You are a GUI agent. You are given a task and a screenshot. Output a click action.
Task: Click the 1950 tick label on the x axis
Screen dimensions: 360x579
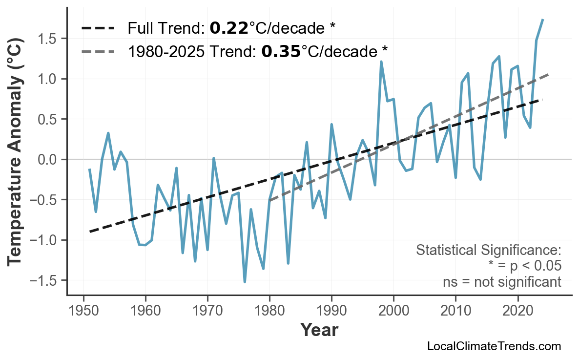(x=83, y=311)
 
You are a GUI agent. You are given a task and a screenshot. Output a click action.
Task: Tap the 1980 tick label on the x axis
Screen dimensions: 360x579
(x=269, y=311)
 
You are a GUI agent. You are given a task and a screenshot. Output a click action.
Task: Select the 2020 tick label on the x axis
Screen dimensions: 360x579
(x=517, y=311)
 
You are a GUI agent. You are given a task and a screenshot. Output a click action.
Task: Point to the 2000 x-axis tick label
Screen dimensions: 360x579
(x=393, y=311)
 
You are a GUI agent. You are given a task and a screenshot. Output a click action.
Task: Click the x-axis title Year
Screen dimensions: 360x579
(x=319, y=330)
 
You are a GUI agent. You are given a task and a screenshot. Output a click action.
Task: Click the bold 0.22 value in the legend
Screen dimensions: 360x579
(x=229, y=28)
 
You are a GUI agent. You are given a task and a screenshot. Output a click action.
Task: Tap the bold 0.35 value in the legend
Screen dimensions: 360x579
(x=281, y=51)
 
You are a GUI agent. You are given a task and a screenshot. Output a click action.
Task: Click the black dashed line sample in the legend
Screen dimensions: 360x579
(x=98, y=28)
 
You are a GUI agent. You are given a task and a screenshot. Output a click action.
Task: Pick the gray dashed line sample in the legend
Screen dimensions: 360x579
(x=98, y=51)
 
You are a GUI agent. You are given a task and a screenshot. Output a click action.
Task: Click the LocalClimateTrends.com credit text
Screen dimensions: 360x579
(x=494, y=347)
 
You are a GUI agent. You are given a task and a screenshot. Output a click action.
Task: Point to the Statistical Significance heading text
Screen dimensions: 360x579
(x=488, y=251)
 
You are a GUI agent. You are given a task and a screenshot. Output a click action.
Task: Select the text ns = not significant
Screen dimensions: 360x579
(x=502, y=282)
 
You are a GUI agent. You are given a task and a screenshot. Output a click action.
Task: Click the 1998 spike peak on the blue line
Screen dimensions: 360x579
(x=381, y=62)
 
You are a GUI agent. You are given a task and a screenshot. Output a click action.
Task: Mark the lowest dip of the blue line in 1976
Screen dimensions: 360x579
(x=245, y=282)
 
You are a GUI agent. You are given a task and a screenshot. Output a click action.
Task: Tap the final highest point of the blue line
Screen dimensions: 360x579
(x=543, y=20)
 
